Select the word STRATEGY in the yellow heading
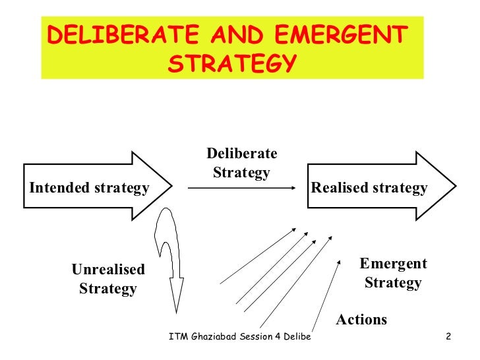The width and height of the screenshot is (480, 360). (x=230, y=64)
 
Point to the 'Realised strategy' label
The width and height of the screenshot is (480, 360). (x=369, y=188)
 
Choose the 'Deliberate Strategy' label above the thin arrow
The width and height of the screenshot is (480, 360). (x=242, y=163)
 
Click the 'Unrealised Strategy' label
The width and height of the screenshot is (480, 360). (x=108, y=279)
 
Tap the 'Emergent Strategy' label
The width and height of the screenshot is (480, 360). (x=393, y=274)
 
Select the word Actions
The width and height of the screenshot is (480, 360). (x=361, y=320)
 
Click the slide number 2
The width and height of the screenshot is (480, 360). (x=448, y=338)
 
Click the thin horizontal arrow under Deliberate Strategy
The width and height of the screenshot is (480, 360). (x=241, y=189)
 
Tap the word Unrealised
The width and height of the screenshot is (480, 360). (x=108, y=270)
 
